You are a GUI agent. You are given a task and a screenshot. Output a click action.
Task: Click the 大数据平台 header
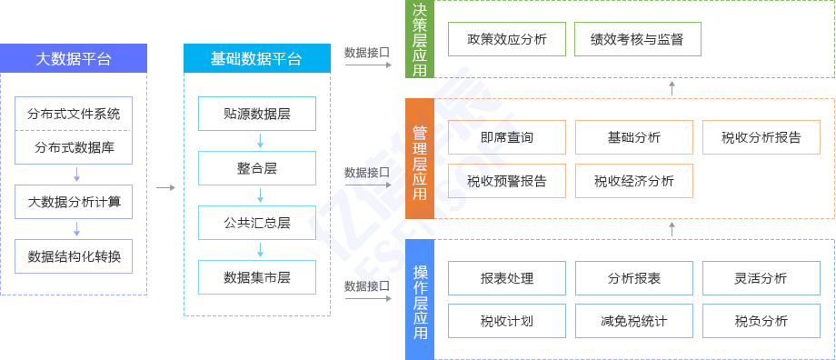[74, 59]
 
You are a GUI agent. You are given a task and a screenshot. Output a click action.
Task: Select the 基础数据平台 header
[257, 59]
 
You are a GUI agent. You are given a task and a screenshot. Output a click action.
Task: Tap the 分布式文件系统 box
[74, 114]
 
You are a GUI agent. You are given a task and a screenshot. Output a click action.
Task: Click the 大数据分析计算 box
[74, 202]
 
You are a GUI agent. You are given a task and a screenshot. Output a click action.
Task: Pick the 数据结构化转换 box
[74, 255]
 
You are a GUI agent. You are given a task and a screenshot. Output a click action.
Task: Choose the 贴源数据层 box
[257, 114]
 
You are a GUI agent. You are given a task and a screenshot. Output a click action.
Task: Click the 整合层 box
[257, 168]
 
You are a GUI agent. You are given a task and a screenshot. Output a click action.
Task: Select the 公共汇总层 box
[257, 223]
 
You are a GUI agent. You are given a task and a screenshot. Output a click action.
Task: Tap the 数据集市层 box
[257, 276]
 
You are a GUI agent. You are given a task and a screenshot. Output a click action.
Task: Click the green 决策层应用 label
[420, 38]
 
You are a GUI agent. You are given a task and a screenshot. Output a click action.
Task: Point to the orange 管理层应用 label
[420, 159]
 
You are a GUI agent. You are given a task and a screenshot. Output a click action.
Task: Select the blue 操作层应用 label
[420, 301]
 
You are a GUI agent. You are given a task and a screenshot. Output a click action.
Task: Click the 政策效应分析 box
[507, 39]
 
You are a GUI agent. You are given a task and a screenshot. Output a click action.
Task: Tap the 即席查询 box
[507, 137]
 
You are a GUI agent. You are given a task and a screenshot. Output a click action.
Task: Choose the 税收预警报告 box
[507, 180]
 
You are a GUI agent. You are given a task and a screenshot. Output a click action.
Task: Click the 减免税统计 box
[634, 321]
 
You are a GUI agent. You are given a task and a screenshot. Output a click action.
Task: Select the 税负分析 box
[761, 321]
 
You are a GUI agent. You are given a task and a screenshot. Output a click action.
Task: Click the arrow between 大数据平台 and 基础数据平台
[165, 188]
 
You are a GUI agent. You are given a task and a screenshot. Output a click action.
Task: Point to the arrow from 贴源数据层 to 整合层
[261, 141]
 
